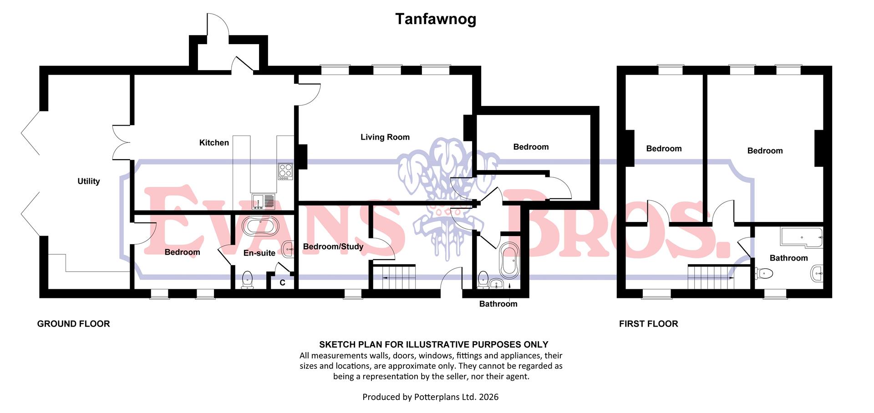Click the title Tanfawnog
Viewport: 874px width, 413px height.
click(436, 19)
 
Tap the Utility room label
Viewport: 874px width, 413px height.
click(88, 181)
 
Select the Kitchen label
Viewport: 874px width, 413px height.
click(214, 143)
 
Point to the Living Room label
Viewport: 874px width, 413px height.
click(385, 137)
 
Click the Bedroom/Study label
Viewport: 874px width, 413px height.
click(333, 247)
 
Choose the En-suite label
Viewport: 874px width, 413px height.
click(259, 253)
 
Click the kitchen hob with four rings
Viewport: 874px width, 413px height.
click(285, 171)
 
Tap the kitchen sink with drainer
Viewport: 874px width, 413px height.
click(263, 201)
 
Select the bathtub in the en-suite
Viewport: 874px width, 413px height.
click(260, 226)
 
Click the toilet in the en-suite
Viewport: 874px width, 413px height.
click(247, 279)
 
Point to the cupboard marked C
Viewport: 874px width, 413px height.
click(282, 282)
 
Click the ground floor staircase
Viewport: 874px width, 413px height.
click(394, 277)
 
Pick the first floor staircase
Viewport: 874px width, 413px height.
click(710, 277)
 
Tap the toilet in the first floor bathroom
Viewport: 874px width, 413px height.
click(764, 273)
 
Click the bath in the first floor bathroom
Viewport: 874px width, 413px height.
click(802, 237)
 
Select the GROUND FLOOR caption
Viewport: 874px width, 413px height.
click(73, 324)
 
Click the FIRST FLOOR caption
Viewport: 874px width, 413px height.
click(648, 324)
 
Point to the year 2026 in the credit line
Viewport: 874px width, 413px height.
click(488, 397)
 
